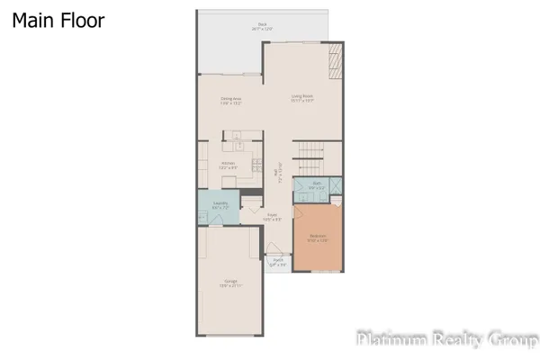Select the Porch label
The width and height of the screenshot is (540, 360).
(x=278, y=263)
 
